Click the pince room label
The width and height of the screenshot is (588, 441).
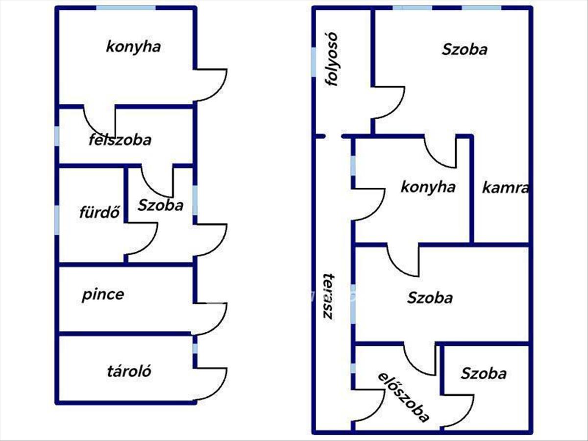[103, 295]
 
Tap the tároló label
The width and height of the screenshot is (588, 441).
[129, 371]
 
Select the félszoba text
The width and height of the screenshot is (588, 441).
[120, 140]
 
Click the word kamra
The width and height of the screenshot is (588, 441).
[505, 188]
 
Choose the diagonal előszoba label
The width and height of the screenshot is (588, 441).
[404, 397]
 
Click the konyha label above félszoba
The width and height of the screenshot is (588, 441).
[133, 47]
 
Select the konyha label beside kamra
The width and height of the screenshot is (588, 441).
[428, 187]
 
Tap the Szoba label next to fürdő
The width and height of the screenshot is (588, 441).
[160, 205]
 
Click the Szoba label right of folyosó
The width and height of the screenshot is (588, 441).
[465, 49]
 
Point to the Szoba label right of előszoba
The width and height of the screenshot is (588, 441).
[483, 374]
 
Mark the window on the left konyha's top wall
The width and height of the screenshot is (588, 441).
[126, 8]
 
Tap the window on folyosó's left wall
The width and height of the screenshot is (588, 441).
[314, 62]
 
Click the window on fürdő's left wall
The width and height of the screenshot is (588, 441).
[57, 219]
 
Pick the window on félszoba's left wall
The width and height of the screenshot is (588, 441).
[57, 136]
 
